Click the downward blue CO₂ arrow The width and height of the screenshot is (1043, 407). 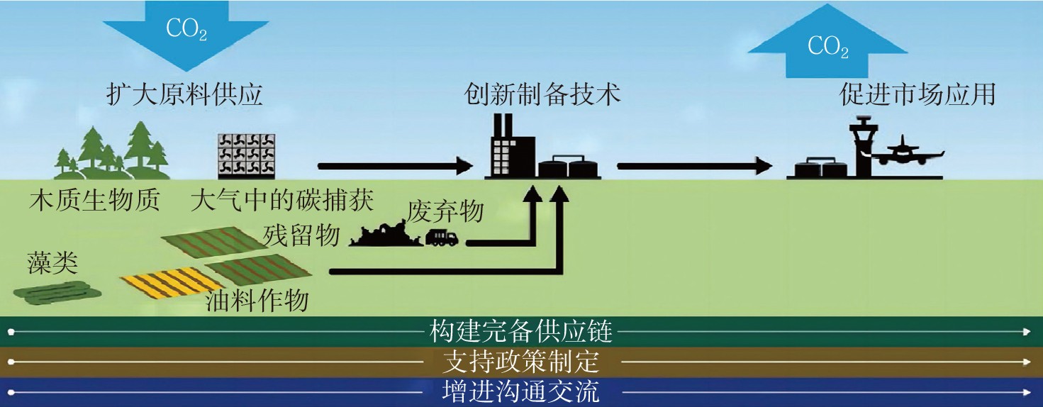coord(186,32)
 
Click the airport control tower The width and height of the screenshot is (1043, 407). coord(866,149)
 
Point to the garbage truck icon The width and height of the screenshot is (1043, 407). coord(442,238)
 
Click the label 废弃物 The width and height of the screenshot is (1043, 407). coord(445,212)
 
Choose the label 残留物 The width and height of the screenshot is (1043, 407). coord(301,235)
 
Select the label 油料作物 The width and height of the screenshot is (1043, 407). coord(257,301)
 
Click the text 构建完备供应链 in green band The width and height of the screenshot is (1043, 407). coord(520,330)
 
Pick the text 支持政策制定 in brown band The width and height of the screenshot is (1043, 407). coord(520,362)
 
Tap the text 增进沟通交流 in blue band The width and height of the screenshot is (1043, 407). coord(520,392)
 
